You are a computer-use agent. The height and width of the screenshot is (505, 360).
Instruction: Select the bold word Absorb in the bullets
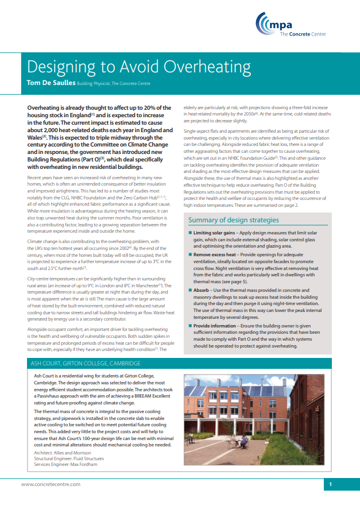[x=203, y=291]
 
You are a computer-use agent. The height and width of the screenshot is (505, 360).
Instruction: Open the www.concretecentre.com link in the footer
[x=51, y=484]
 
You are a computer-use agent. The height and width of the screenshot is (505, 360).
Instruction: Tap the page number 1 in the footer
[x=331, y=485]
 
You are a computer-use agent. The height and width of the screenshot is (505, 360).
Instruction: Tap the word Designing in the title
[x=59, y=67]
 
